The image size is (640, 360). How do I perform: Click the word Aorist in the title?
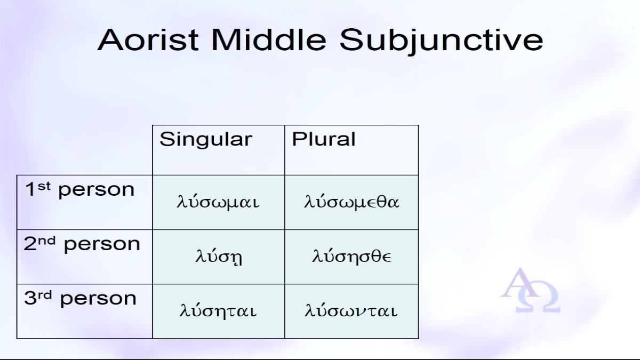pyautogui.click(x=148, y=39)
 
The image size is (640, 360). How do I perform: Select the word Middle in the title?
pyautogui.click(x=269, y=39)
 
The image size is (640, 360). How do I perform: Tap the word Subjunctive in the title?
pyautogui.click(x=441, y=41)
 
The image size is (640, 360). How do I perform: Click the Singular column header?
pyautogui.click(x=206, y=139)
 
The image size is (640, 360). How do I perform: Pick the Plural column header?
pyautogui.click(x=323, y=139)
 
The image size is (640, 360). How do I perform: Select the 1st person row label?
pyautogui.click(x=79, y=189)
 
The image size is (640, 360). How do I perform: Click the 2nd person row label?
pyautogui.click(x=82, y=244)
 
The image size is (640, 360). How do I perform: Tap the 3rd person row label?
pyautogui.click(x=81, y=298)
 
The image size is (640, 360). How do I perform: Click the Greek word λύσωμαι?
pyautogui.click(x=218, y=202)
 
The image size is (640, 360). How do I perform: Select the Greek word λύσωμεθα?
pyautogui.click(x=351, y=202)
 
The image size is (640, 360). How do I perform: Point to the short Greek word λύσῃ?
pyautogui.click(x=219, y=257)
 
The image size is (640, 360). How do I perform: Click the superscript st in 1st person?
pyautogui.click(x=44, y=186)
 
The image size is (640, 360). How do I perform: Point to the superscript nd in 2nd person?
pyautogui.click(x=46, y=241)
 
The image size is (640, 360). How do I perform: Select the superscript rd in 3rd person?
pyautogui.click(x=45, y=295)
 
